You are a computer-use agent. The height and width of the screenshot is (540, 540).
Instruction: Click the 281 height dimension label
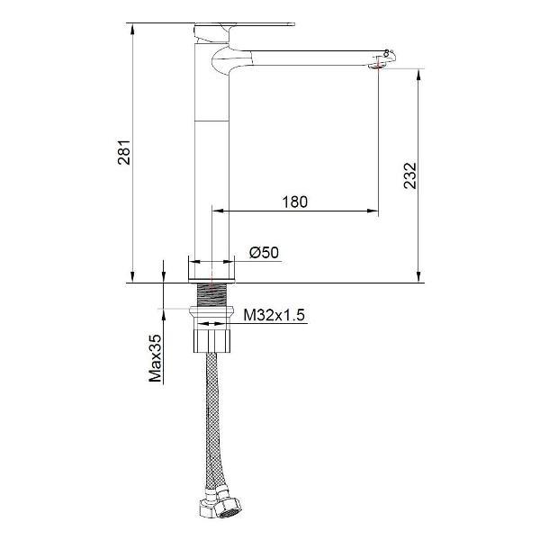(125, 153)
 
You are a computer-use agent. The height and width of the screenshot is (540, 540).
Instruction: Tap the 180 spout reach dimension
(294, 202)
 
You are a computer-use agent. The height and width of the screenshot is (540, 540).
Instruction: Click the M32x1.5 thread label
(276, 314)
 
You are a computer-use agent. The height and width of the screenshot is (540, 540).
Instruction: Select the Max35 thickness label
(155, 357)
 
